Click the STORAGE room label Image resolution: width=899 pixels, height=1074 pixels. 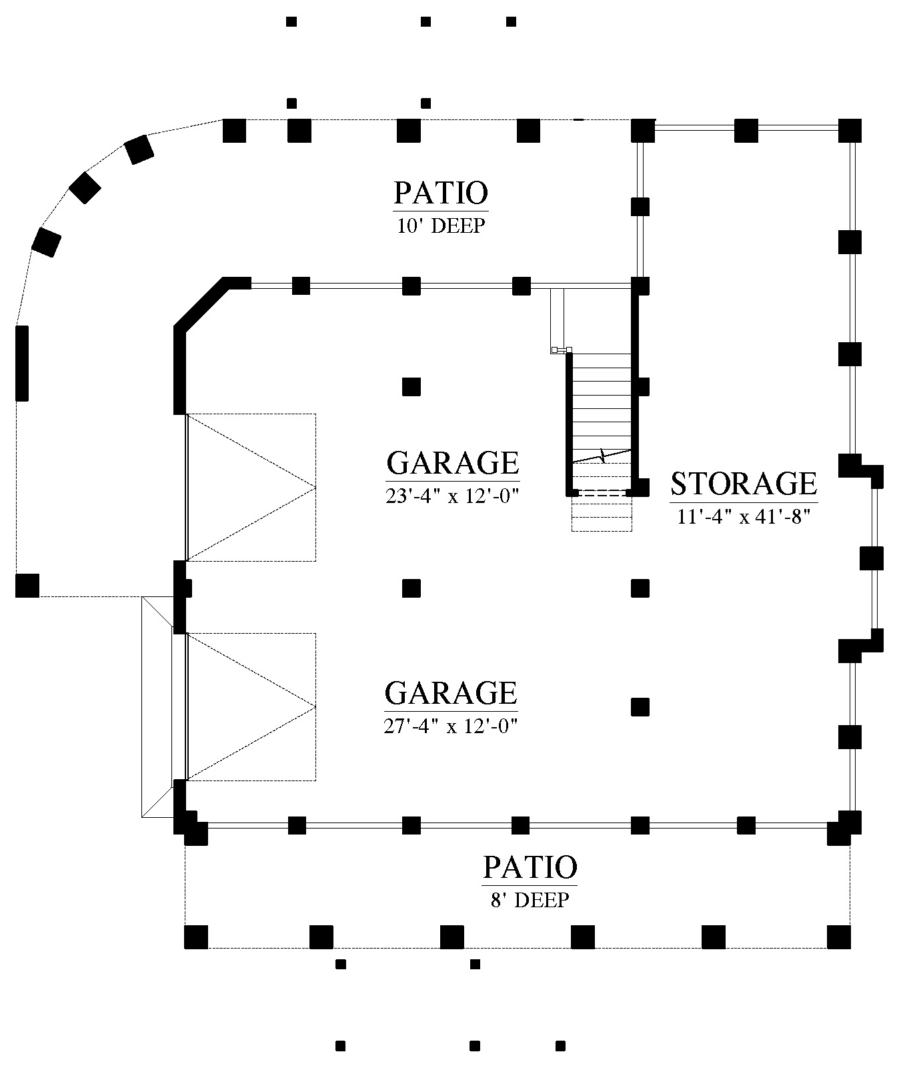coord(744,484)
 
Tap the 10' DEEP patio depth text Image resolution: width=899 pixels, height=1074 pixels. coord(441,225)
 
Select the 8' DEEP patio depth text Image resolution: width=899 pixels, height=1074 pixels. coord(530,900)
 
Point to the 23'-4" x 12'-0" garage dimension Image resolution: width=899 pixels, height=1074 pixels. coord(452,496)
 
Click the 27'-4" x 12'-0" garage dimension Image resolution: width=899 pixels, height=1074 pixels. coord(451,725)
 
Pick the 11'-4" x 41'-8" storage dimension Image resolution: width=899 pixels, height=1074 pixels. coord(744,516)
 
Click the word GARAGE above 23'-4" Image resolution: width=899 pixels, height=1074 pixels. coord(453,463)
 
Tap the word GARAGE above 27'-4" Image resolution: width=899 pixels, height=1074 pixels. coord(451,693)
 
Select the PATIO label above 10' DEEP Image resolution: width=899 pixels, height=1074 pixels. coord(441,193)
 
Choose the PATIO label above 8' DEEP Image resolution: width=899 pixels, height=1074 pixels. coord(530,867)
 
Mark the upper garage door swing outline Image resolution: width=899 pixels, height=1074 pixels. coord(251,488)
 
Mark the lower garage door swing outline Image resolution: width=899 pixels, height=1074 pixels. coord(251,706)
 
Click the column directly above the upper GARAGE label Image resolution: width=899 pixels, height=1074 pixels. coord(411,387)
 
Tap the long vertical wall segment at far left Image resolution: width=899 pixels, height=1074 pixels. coord(22,363)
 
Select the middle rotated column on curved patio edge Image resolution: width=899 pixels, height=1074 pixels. coord(85,187)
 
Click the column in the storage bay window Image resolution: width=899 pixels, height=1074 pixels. coord(872,558)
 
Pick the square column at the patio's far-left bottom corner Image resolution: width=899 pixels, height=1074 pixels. coord(27,585)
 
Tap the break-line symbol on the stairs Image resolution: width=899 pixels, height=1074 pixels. coord(603,456)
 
